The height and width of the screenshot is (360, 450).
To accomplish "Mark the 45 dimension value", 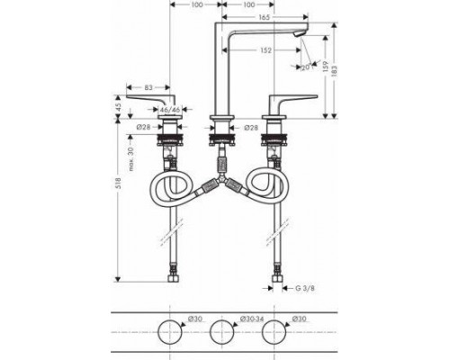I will [117, 107].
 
